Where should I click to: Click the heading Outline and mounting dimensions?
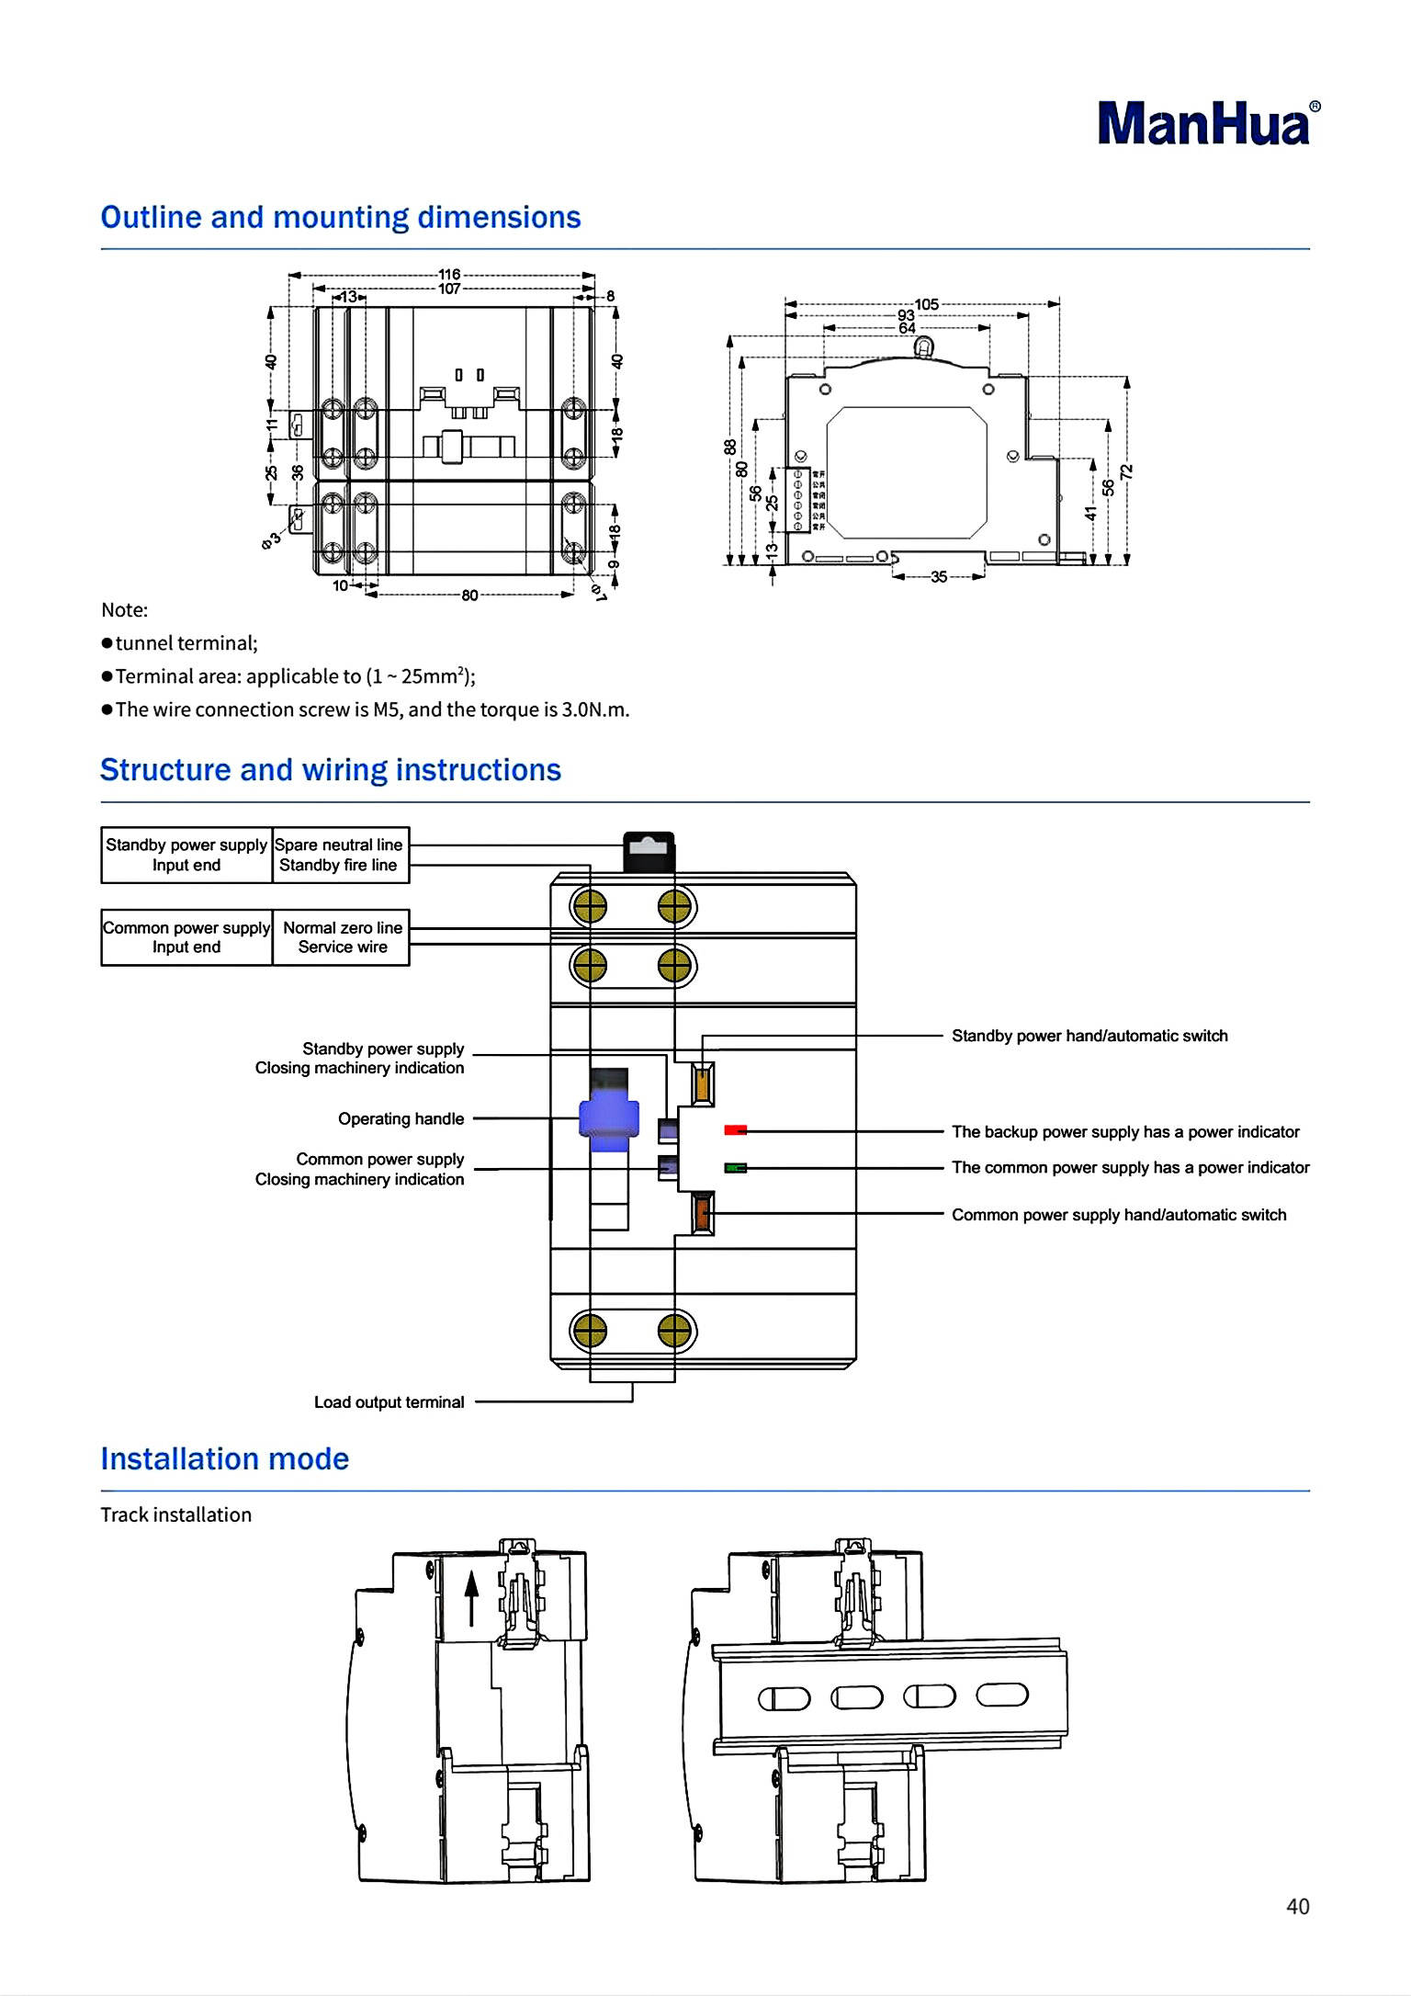tap(340, 218)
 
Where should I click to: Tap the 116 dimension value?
tap(448, 274)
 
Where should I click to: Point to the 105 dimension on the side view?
tap(926, 304)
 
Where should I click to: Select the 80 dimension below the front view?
tap(469, 595)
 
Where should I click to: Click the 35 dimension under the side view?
tap(938, 577)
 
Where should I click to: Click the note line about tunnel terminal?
tap(180, 643)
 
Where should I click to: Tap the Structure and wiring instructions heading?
tap(330, 770)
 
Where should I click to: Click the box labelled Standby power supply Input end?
tap(186, 855)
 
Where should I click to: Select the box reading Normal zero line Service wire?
tap(342, 937)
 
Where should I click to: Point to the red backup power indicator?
tap(735, 1130)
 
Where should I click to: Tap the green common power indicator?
tap(735, 1168)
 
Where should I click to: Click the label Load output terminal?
tap(389, 1402)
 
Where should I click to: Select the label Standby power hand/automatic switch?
tap(1089, 1036)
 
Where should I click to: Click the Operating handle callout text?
tap(401, 1118)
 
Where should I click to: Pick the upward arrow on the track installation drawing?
tap(471, 1597)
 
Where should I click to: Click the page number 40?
tap(1297, 1907)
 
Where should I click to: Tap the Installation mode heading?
tap(225, 1459)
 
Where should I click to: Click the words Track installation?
tap(175, 1515)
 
